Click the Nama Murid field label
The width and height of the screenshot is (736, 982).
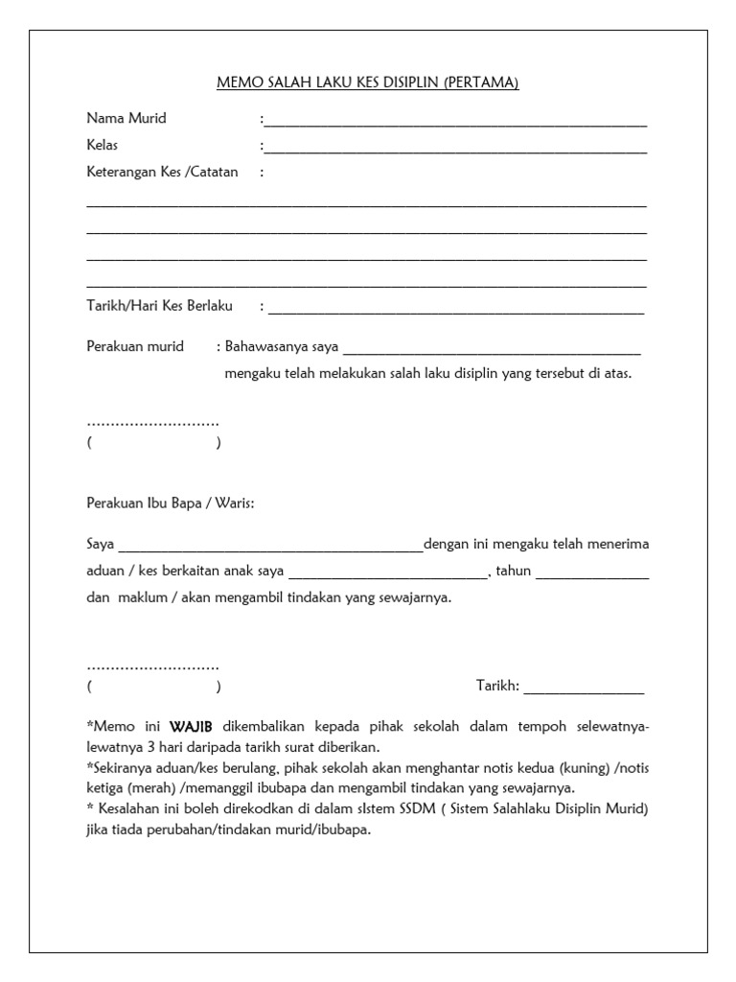click(x=126, y=119)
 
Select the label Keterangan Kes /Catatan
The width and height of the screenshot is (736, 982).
click(x=162, y=173)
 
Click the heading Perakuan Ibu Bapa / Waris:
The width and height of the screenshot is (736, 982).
click(x=171, y=503)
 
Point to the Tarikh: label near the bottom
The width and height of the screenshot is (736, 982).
click(x=497, y=686)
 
